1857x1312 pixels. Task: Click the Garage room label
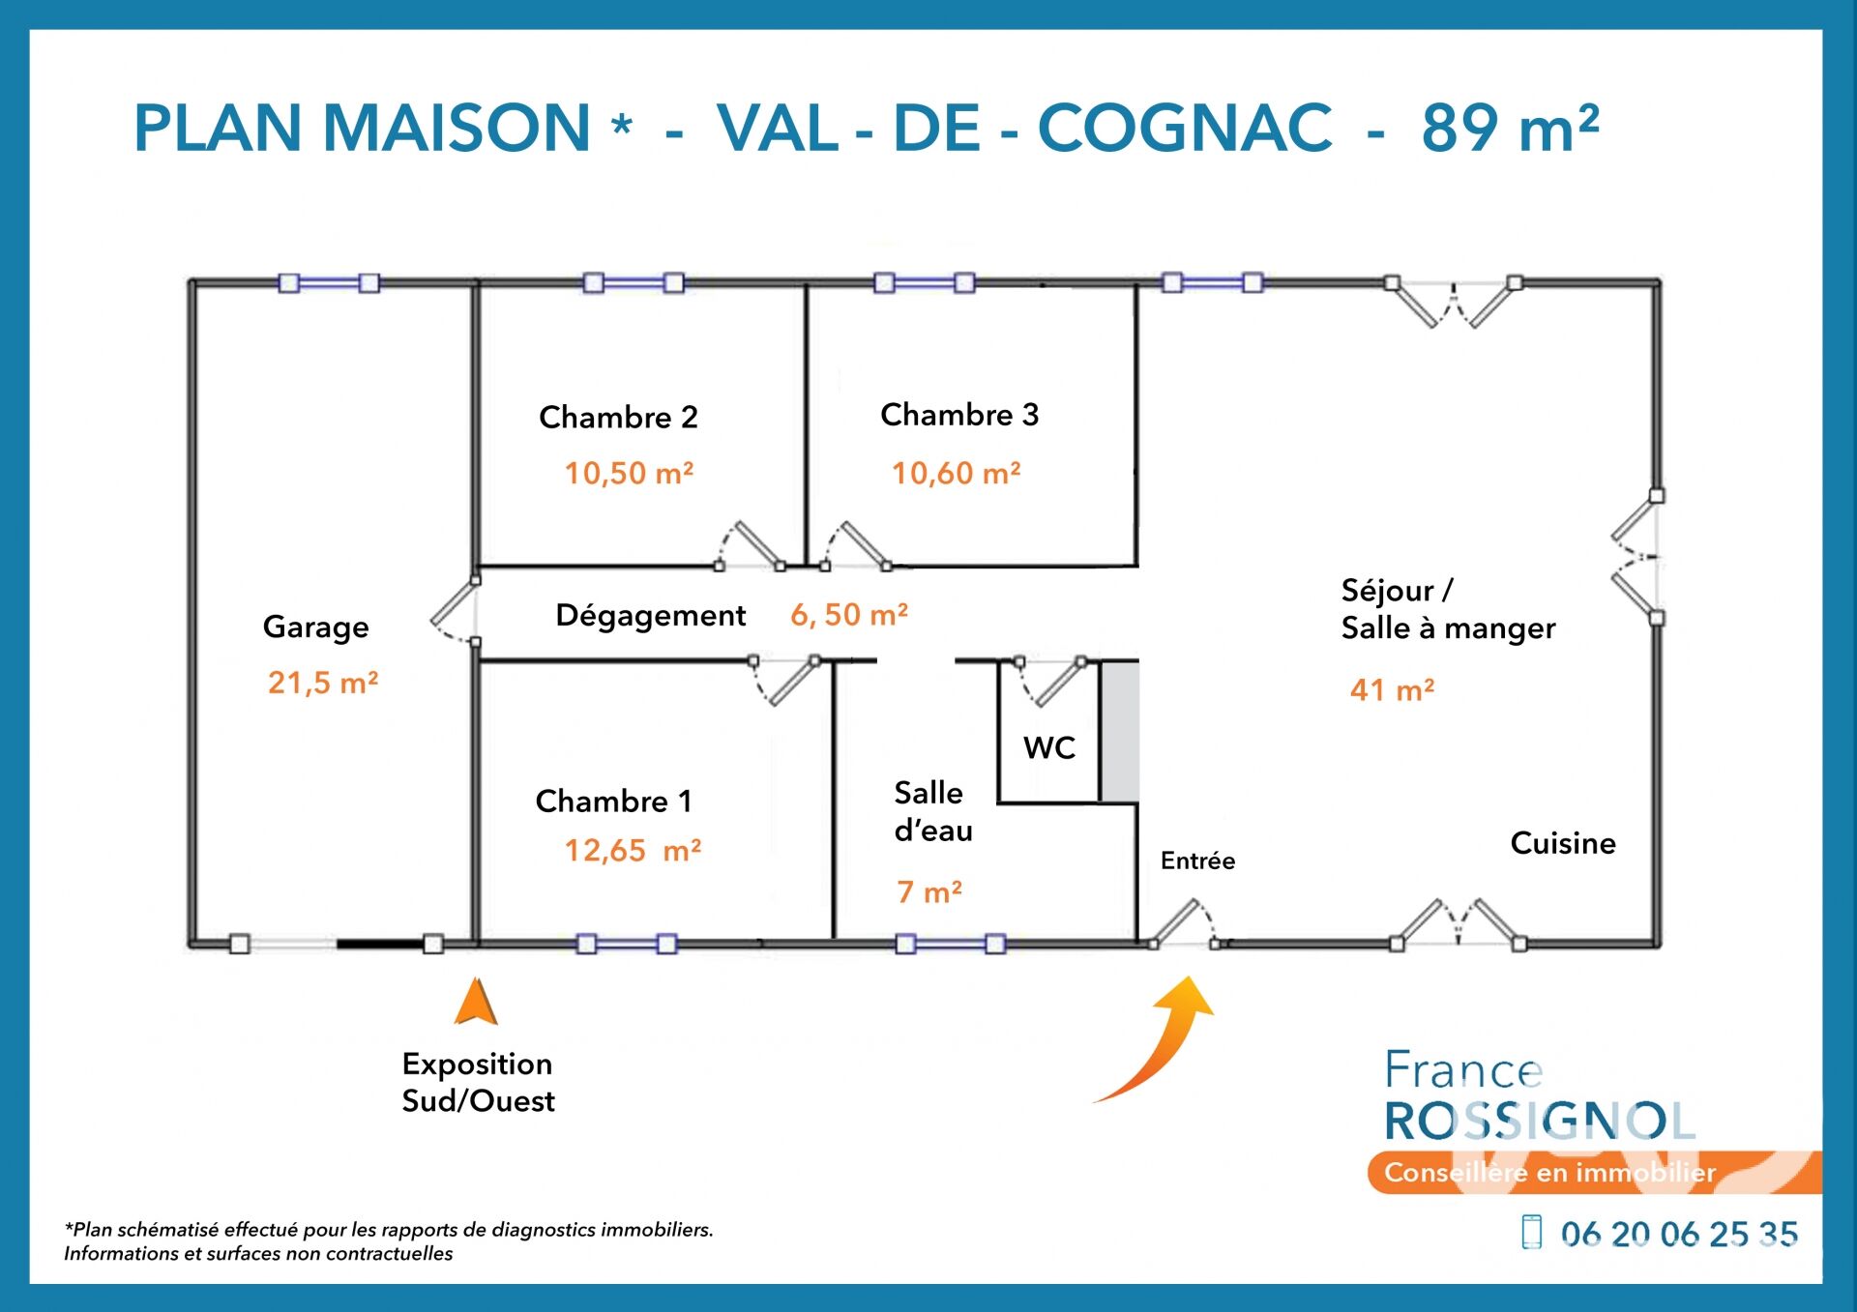pos(315,628)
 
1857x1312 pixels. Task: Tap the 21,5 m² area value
pos(323,683)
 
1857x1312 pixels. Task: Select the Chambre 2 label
pos(618,417)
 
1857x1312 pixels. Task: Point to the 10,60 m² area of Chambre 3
pos(956,473)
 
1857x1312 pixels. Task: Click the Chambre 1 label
pos(613,801)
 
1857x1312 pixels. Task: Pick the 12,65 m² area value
pos(633,850)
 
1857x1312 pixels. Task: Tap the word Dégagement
pos(650,616)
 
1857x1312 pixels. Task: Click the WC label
pos(1049,747)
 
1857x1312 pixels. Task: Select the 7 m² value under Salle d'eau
pos(928,891)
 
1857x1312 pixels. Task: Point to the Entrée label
pos(1197,860)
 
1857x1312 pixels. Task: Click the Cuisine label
pos(1563,843)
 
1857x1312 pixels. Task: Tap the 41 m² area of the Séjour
pos(1392,689)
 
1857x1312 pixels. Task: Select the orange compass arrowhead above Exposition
pos(476,1002)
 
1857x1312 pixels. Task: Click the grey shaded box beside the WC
pos(1121,732)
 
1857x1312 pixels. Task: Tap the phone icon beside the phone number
pos(1531,1232)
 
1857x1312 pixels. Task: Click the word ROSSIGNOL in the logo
pos(1540,1122)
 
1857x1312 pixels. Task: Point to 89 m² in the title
pos(1510,128)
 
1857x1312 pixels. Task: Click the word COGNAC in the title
pos(1185,128)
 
